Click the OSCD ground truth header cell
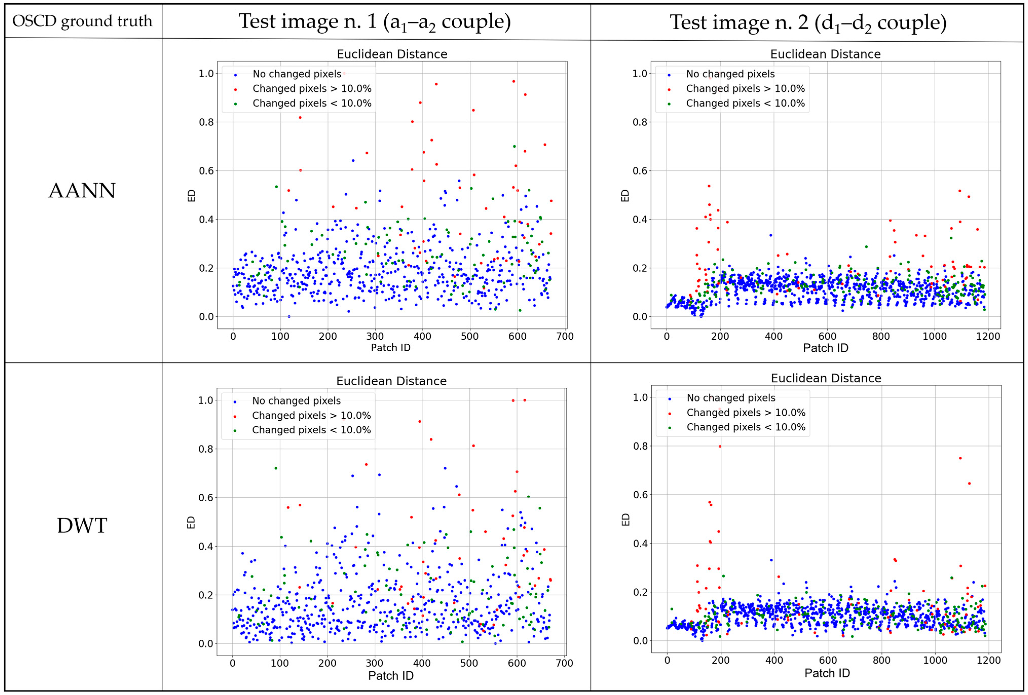click(82, 21)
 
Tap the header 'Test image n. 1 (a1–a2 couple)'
click(375, 21)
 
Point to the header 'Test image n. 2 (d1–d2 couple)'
click(808, 22)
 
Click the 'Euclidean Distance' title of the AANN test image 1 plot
click(392, 54)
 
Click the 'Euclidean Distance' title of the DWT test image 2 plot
click(826, 378)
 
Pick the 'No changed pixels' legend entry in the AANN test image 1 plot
click(296, 74)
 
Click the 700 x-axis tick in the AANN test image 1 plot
click(564, 336)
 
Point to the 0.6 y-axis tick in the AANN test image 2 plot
click(640, 171)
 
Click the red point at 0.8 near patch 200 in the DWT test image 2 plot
click(720, 446)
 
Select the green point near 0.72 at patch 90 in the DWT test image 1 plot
click(276, 468)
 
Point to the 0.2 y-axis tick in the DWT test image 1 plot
click(206, 595)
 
